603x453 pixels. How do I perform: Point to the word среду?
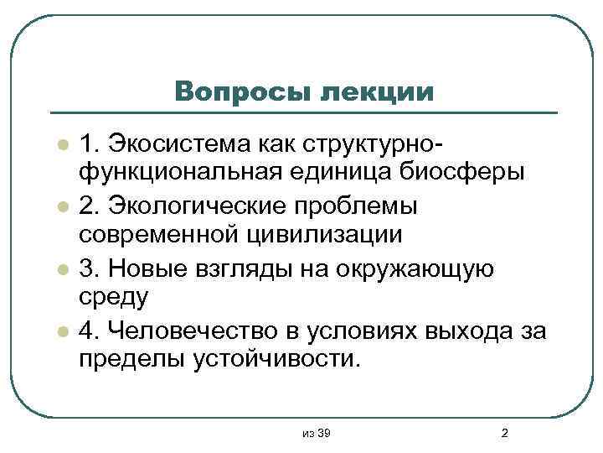[x=114, y=298]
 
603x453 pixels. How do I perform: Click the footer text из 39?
[x=317, y=433]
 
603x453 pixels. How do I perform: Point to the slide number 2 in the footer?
[x=503, y=433]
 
